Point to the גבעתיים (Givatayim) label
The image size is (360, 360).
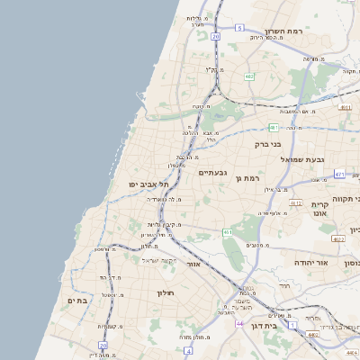pyautogui.click(x=212, y=173)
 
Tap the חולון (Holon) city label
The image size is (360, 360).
pyautogui.click(x=164, y=292)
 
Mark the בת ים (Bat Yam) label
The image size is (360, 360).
pyautogui.click(x=78, y=301)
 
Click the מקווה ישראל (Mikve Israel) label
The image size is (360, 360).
pyautogui.click(x=157, y=260)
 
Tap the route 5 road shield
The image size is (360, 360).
pyautogui.click(x=239, y=28)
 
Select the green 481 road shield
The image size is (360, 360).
pyautogui.click(x=273, y=128)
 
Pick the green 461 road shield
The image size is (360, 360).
pyautogui.click(x=229, y=232)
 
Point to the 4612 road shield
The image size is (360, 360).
pyautogui.click(x=296, y=202)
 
